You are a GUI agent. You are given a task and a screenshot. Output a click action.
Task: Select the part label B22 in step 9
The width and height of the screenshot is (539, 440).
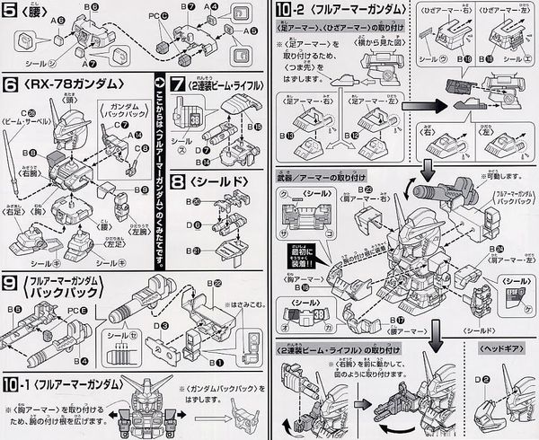click(218, 283)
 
